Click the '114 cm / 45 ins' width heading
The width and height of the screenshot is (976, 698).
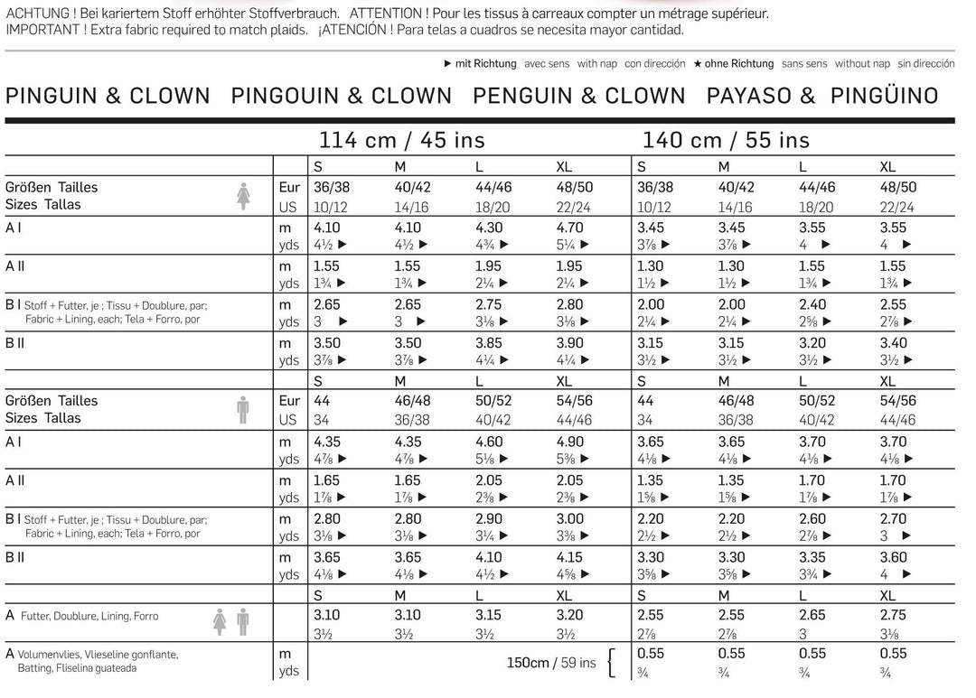[401, 140]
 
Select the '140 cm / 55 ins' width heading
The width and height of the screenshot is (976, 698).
[726, 140]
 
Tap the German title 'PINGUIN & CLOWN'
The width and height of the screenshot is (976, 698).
[108, 96]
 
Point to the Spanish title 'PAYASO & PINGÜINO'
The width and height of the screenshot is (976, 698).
[822, 96]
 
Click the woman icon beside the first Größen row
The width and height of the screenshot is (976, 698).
[243, 195]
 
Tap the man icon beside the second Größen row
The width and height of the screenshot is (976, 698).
[242, 409]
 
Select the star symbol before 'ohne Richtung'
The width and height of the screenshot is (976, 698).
[698, 64]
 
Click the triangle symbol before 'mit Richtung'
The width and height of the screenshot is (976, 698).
[448, 64]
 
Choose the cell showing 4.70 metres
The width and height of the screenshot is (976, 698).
[569, 228]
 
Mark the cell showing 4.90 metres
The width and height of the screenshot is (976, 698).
[569, 442]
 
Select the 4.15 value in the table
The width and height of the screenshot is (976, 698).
[569, 558]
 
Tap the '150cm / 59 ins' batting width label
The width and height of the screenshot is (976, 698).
[551, 663]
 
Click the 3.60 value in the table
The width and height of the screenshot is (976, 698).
[895, 558]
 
